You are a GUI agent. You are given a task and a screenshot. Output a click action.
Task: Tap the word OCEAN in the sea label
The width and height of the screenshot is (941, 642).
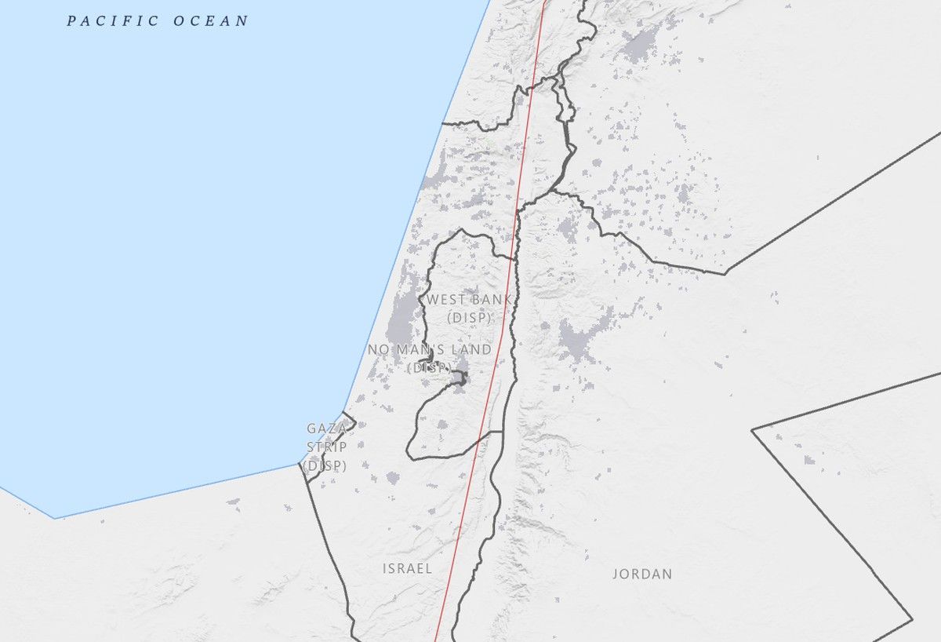point(210,21)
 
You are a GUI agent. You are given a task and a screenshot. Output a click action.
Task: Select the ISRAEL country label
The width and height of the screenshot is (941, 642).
point(407,568)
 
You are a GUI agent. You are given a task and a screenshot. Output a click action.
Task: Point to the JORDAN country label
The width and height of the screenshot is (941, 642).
point(642,574)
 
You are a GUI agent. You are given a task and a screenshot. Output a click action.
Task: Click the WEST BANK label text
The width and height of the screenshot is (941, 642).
point(469,299)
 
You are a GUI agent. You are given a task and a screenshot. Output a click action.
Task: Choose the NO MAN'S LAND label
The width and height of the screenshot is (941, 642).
point(430,349)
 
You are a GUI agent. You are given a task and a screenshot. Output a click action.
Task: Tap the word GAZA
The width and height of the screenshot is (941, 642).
point(326,429)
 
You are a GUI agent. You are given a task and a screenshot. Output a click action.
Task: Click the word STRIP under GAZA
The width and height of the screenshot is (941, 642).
point(326,447)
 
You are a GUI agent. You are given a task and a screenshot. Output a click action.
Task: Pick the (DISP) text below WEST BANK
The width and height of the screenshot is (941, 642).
point(469,318)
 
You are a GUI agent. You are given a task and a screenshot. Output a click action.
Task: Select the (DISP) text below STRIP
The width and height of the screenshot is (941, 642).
point(325,465)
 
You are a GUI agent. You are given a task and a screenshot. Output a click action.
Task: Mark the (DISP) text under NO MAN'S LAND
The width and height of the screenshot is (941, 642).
point(430,367)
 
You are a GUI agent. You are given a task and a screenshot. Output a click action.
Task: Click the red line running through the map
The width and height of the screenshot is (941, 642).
point(502,314)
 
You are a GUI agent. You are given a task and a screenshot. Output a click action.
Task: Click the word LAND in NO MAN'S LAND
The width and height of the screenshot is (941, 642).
point(473,349)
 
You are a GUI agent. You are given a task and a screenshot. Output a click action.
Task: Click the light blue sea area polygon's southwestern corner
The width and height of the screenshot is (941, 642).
point(54,518)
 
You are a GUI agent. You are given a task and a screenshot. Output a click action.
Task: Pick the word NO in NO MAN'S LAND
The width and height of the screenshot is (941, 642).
point(377,349)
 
